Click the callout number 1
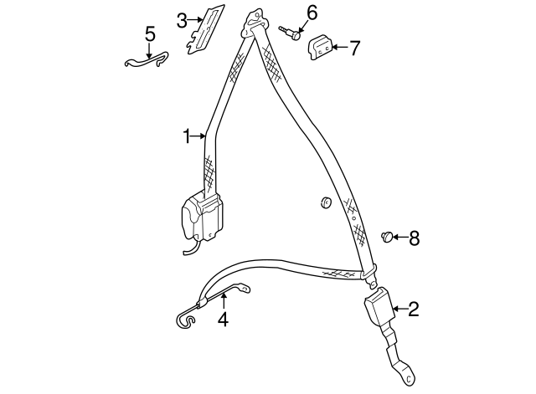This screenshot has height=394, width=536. tap(188, 136)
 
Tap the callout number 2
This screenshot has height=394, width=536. tap(412, 311)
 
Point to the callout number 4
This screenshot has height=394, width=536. tap(223, 319)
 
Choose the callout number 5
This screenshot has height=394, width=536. tap(150, 34)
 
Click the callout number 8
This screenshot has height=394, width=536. tap(413, 238)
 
